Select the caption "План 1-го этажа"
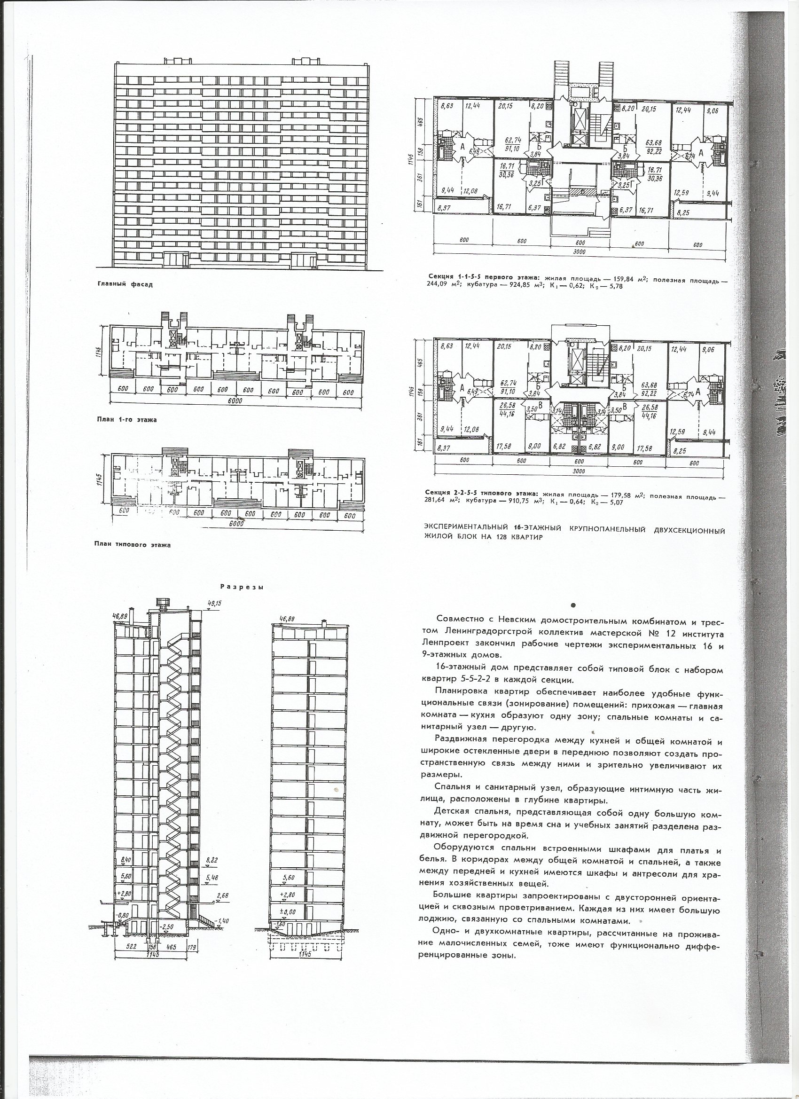click(x=126, y=420)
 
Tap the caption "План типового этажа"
click(x=132, y=544)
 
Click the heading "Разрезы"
click(x=241, y=587)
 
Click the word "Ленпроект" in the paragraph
click(x=466, y=645)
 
